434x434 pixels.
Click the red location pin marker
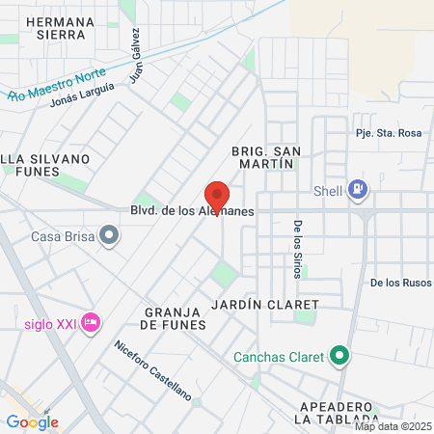217,196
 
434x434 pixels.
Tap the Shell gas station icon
359,189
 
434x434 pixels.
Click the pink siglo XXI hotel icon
92,321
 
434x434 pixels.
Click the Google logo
32,421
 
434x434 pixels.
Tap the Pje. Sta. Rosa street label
389,133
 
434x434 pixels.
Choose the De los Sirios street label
297,250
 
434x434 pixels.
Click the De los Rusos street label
400,283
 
